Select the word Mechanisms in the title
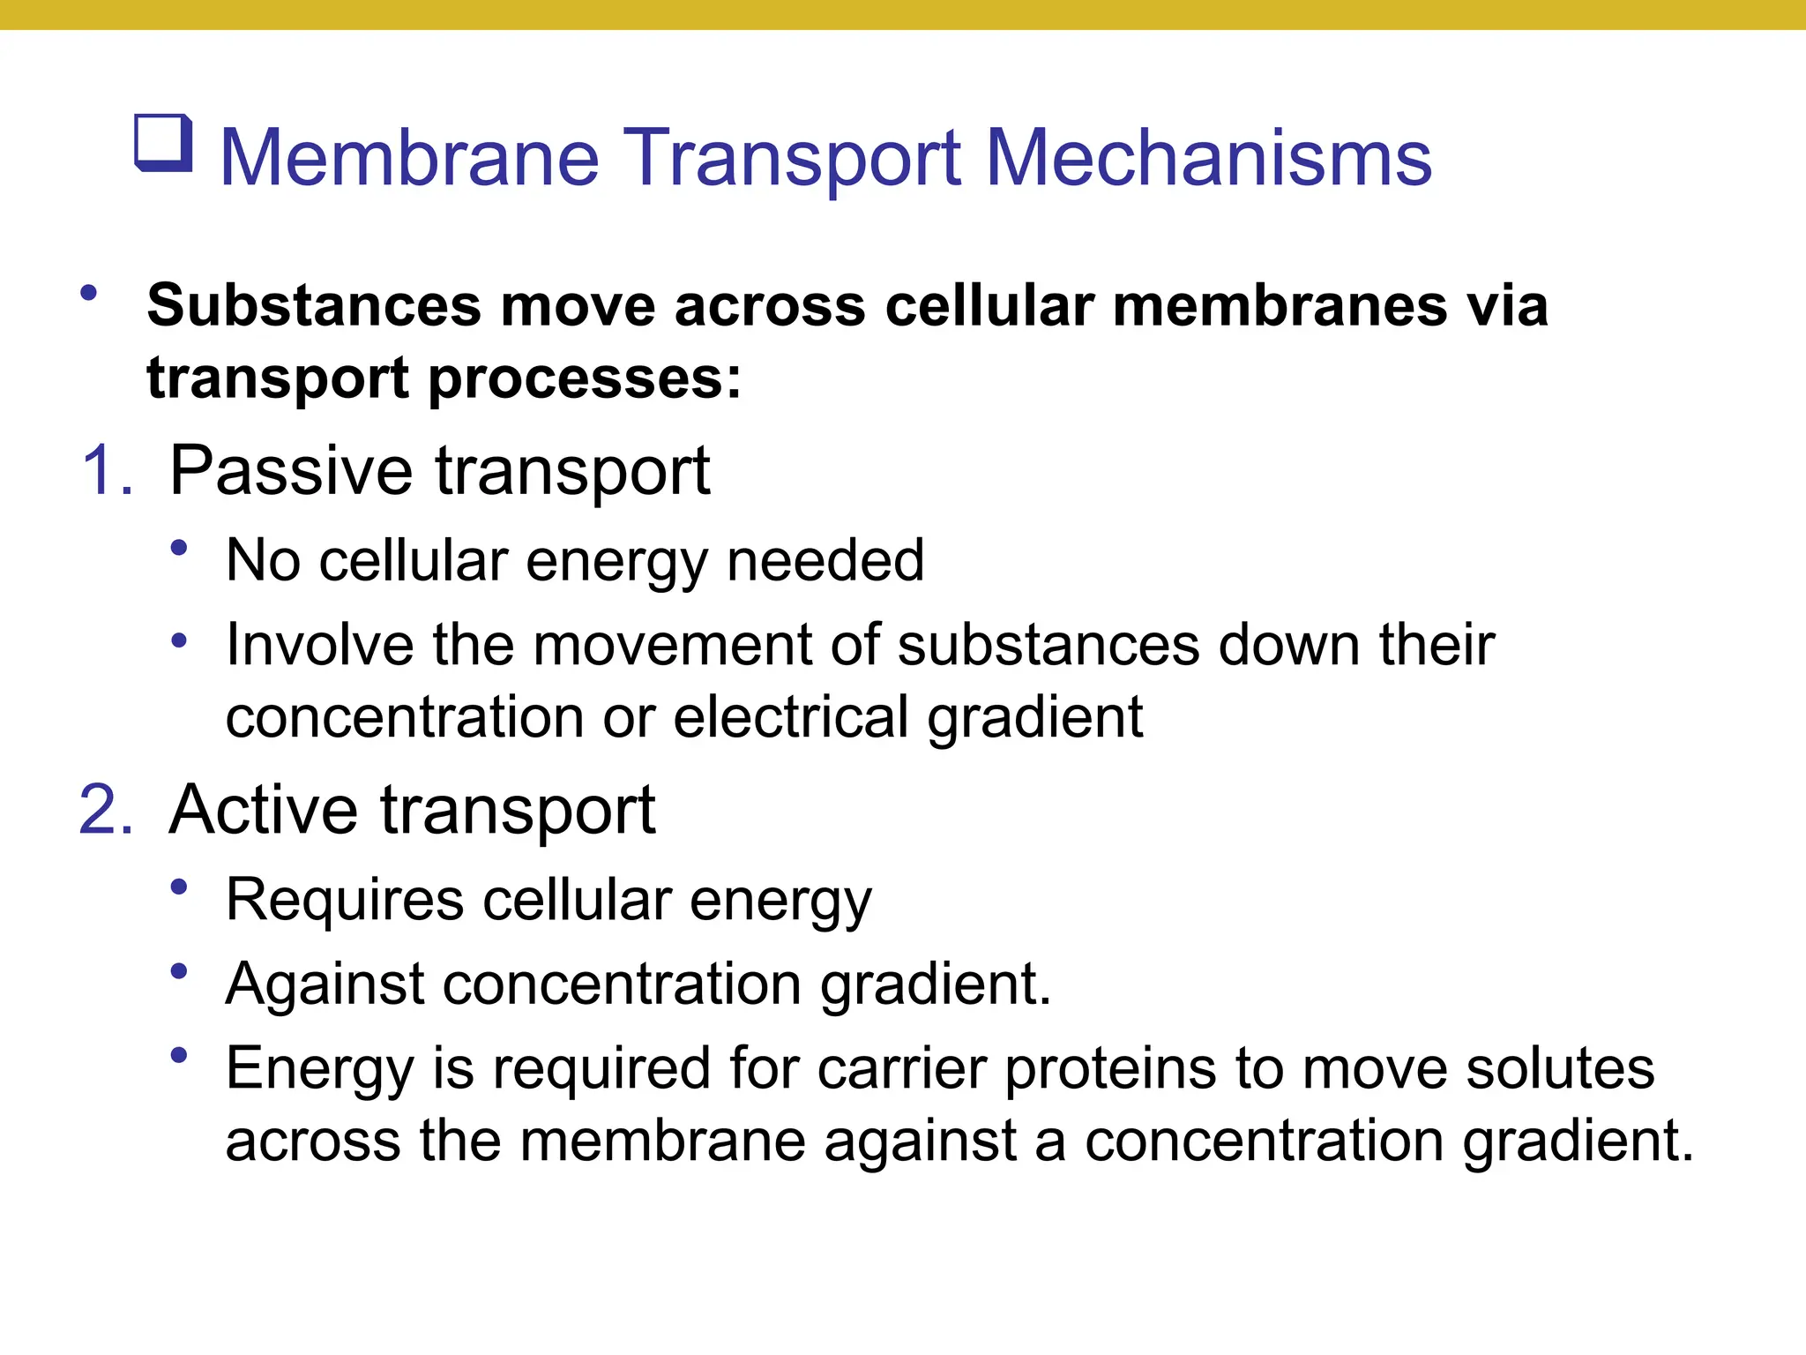1208,158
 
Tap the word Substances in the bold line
314,306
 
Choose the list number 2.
106,810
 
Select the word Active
264,810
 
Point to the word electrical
790,716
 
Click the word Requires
345,900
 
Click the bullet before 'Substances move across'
88,293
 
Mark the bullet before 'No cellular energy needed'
179,549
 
